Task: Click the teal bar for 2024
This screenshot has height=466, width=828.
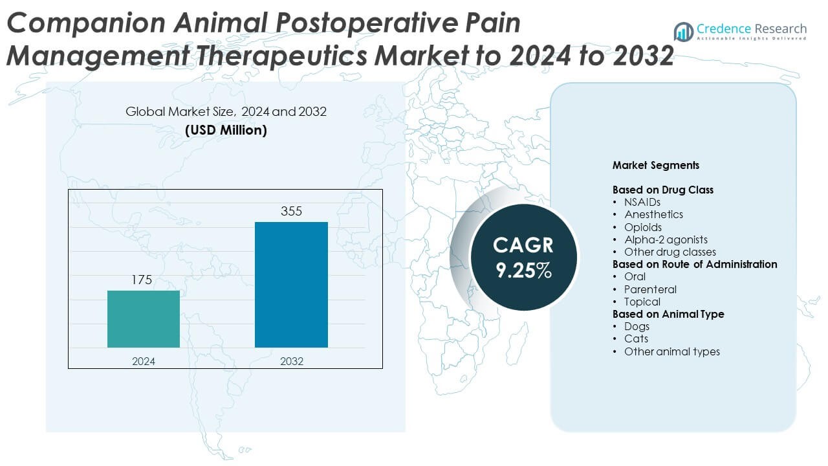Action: [x=144, y=319]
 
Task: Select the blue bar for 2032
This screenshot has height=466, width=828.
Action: [x=291, y=285]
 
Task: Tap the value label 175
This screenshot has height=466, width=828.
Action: [x=142, y=280]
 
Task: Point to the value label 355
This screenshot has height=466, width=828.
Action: [x=291, y=212]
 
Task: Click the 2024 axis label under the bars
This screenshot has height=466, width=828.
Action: [x=144, y=361]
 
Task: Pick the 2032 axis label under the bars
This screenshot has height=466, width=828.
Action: [x=291, y=361]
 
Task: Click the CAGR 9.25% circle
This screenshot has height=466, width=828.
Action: [x=523, y=257]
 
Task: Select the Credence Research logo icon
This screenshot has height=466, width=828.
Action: [x=683, y=31]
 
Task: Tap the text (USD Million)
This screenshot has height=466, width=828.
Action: [x=226, y=129]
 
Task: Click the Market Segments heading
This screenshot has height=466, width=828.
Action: [x=655, y=165]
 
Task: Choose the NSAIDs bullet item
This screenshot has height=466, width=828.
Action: [x=642, y=202]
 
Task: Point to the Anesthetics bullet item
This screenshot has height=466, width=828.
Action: [x=653, y=214]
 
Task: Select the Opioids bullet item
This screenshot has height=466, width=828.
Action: [x=643, y=227]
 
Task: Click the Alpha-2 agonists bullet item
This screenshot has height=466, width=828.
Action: [x=666, y=239]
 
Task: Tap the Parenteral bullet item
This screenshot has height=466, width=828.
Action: [x=650, y=289]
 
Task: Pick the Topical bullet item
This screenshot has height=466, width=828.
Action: [x=642, y=302]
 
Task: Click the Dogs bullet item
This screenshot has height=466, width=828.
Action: [x=637, y=326]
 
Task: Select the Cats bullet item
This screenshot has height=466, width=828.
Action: [x=636, y=338]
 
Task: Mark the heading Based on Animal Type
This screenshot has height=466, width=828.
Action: [x=668, y=314]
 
